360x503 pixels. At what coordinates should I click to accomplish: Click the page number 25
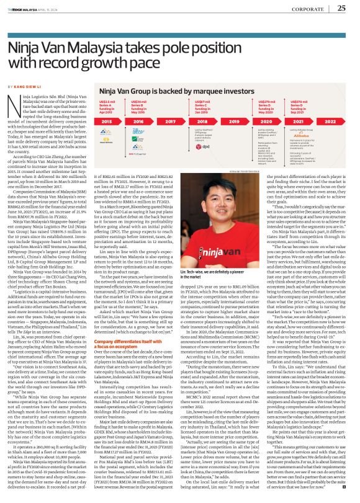(341, 9)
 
